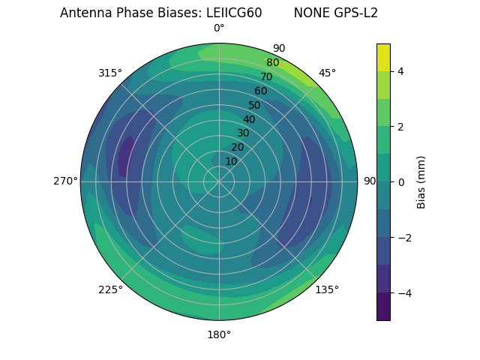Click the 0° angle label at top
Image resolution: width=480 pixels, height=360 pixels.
(219, 28)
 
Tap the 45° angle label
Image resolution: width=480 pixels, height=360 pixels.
(327, 73)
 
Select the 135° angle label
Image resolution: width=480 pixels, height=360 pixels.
(327, 289)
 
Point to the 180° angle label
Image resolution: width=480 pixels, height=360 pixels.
(219, 334)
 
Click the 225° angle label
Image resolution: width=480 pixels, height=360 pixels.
(110, 289)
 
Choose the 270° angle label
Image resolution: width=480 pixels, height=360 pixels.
(65, 181)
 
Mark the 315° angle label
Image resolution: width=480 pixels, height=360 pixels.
(110, 73)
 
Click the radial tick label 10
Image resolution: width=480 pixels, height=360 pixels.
(231, 161)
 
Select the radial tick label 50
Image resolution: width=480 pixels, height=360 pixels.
(255, 105)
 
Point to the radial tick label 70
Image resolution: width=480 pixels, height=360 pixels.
(266, 76)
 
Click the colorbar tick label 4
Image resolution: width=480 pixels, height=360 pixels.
(401, 71)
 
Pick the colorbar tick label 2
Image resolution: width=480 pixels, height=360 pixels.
(401, 127)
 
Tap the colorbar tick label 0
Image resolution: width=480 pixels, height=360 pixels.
(401, 182)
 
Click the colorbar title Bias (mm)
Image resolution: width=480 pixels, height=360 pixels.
(421, 182)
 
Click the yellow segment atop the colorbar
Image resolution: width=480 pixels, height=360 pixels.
(383, 57)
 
